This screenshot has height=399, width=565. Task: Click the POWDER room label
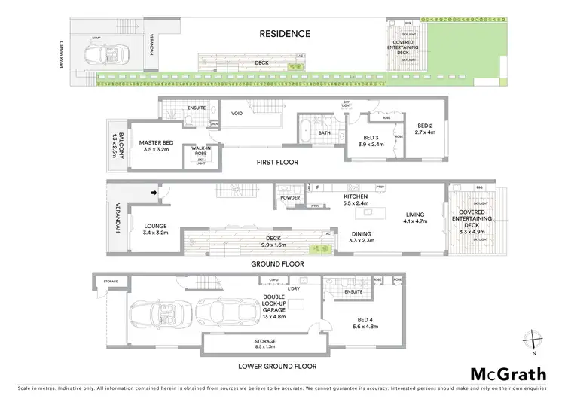pos(289,198)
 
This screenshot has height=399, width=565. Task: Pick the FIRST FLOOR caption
pos(278,163)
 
